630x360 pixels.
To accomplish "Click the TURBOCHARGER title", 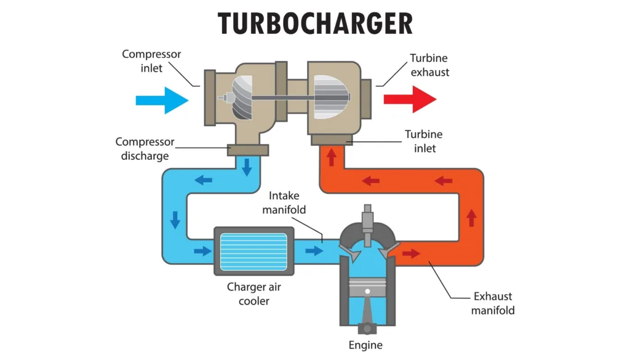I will pyautogui.click(x=315, y=24).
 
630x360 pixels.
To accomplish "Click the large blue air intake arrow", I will pyautogui.click(x=161, y=99).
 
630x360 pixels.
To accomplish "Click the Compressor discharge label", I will pyautogui.click(x=145, y=148).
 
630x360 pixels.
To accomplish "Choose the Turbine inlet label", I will pyautogui.click(x=423, y=141).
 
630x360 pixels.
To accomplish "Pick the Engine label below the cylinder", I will pyautogui.click(x=366, y=345).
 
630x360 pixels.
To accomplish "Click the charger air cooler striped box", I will pyautogui.click(x=253, y=251).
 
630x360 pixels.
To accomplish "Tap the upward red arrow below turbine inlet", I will pyautogui.click(x=331, y=159).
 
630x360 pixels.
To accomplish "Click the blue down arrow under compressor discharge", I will pyautogui.click(x=247, y=166).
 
